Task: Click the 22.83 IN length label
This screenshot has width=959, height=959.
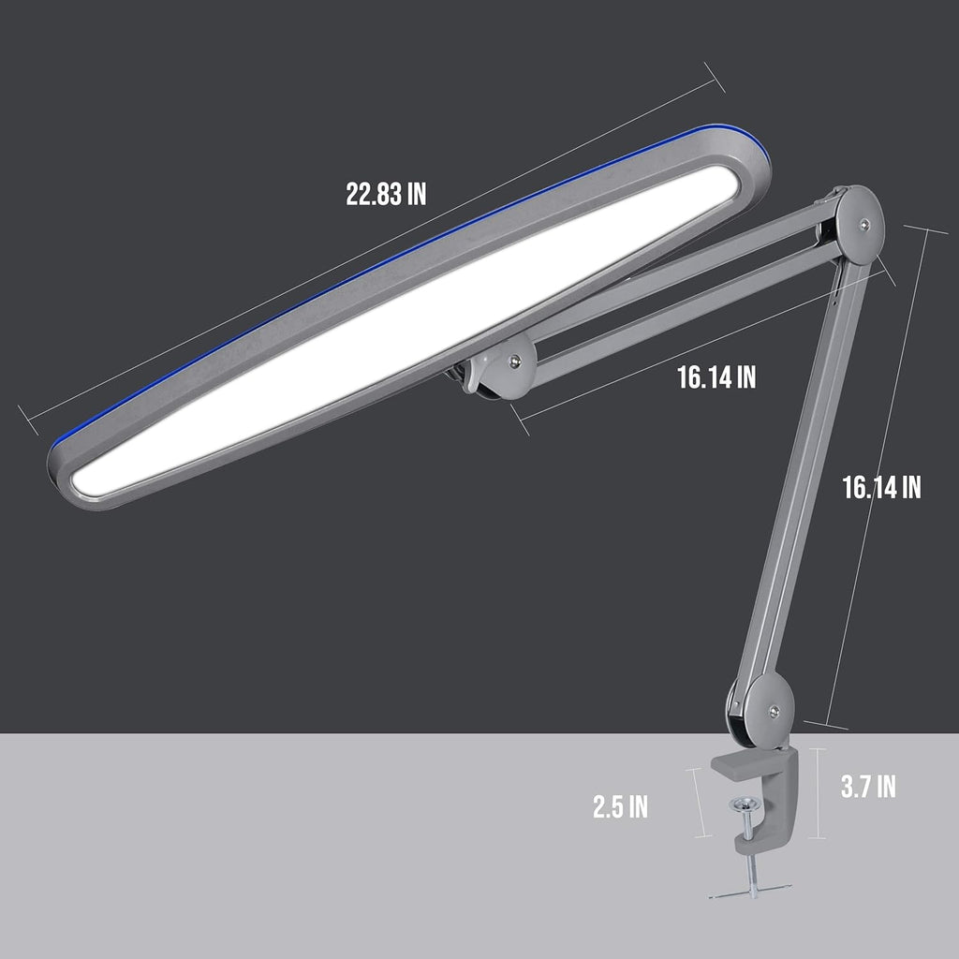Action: (x=386, y=194)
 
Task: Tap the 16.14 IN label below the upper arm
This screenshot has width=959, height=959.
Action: (x=716, y=376)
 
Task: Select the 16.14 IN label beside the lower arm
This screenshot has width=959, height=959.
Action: (x=881, y=487)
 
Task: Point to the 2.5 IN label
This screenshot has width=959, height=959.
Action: (x=620, y=806)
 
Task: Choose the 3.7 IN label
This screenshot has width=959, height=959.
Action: (x=868, y=787)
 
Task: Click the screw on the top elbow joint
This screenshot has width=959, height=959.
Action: (x=863, y=224)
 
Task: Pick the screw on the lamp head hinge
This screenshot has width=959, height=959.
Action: (x=514, y=359)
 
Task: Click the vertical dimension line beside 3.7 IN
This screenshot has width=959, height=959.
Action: (x=821, y=792)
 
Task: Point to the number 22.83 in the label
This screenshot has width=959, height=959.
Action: (x=372, y=194)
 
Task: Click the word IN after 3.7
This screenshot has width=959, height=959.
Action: (x=885, y=787)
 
